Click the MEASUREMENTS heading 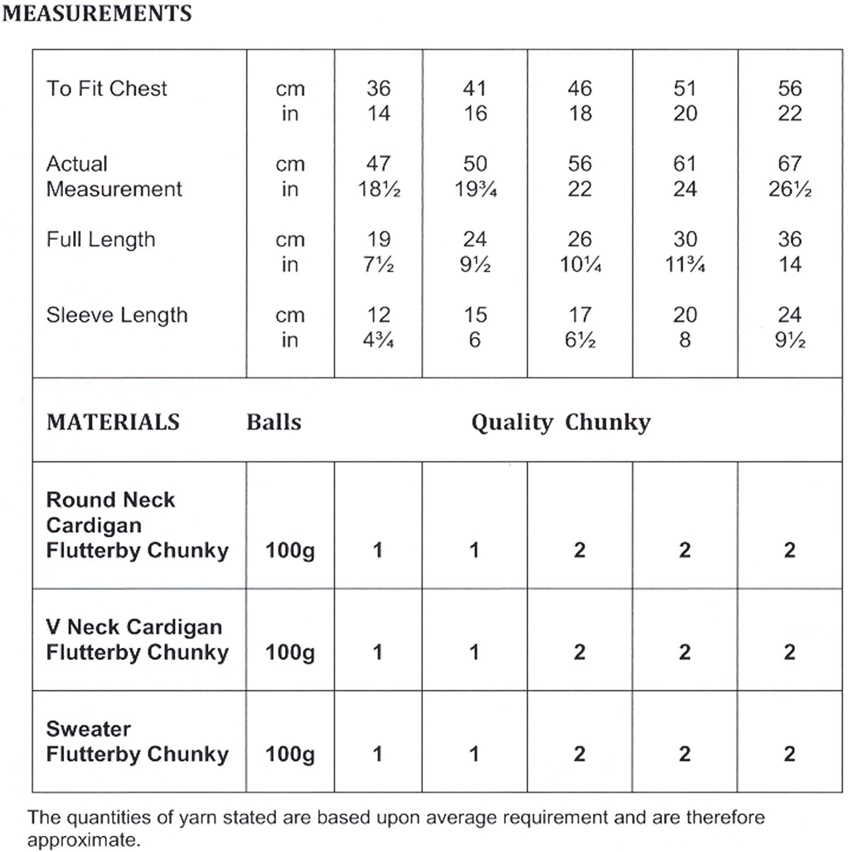pos(97,13)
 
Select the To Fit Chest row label pos(106,89)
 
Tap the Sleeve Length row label pos(117,315)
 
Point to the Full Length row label pos(100,239)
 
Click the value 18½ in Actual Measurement pos(379,189)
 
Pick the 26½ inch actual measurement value pos(789,189)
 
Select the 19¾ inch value pos(475,189)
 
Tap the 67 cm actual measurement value pos(789,164)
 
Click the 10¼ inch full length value pos(580,265)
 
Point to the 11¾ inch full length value pos(684,265)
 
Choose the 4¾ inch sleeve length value pos(379,340)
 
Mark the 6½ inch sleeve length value pos(580,340)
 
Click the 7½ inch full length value pos(379,265)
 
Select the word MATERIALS pos(113,422)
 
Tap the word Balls pos(273,422)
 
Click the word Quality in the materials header pos(512,422)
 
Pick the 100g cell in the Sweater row pos(290,754)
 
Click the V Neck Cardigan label pos(134,627)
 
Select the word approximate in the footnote pos(83,840)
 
